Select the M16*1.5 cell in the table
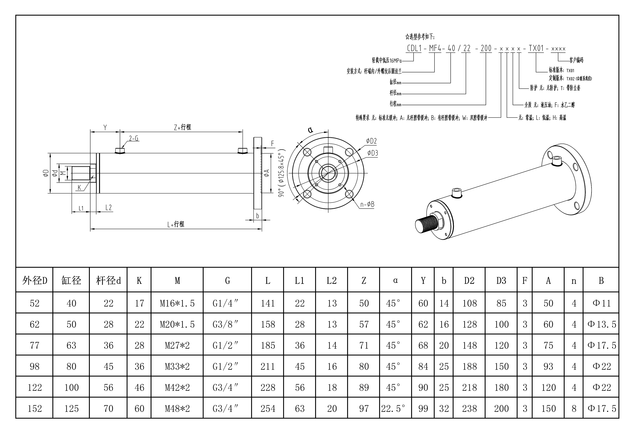177,303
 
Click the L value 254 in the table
268,408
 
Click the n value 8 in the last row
574,408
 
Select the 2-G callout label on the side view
134,138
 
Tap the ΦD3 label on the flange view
373,153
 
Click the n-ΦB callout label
367,204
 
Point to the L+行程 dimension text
176,224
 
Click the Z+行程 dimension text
182,127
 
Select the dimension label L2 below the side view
108,208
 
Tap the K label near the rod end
79,187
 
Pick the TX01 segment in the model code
536,48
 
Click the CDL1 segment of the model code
414,48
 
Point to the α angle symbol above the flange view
310,130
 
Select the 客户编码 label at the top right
576,60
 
